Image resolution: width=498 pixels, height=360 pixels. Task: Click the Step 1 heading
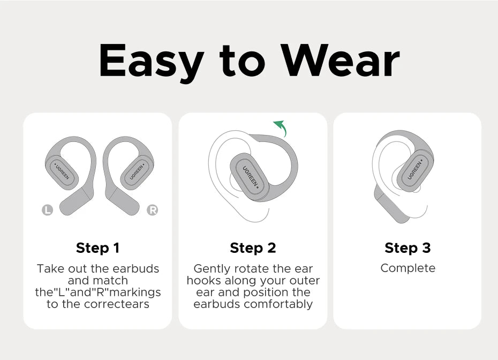point(97,248)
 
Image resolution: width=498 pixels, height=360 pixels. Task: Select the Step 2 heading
point(253,248)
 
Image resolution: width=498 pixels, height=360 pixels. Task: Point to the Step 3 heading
point(408,248)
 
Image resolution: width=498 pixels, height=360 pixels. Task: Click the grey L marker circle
point(48,211)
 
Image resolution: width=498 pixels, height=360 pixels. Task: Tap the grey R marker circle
point(152,211)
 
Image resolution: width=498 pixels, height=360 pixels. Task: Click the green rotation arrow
point(281,129)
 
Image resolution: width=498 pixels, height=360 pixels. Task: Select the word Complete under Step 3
point(408,268)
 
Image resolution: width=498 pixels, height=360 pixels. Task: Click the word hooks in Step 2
point(200,281)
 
